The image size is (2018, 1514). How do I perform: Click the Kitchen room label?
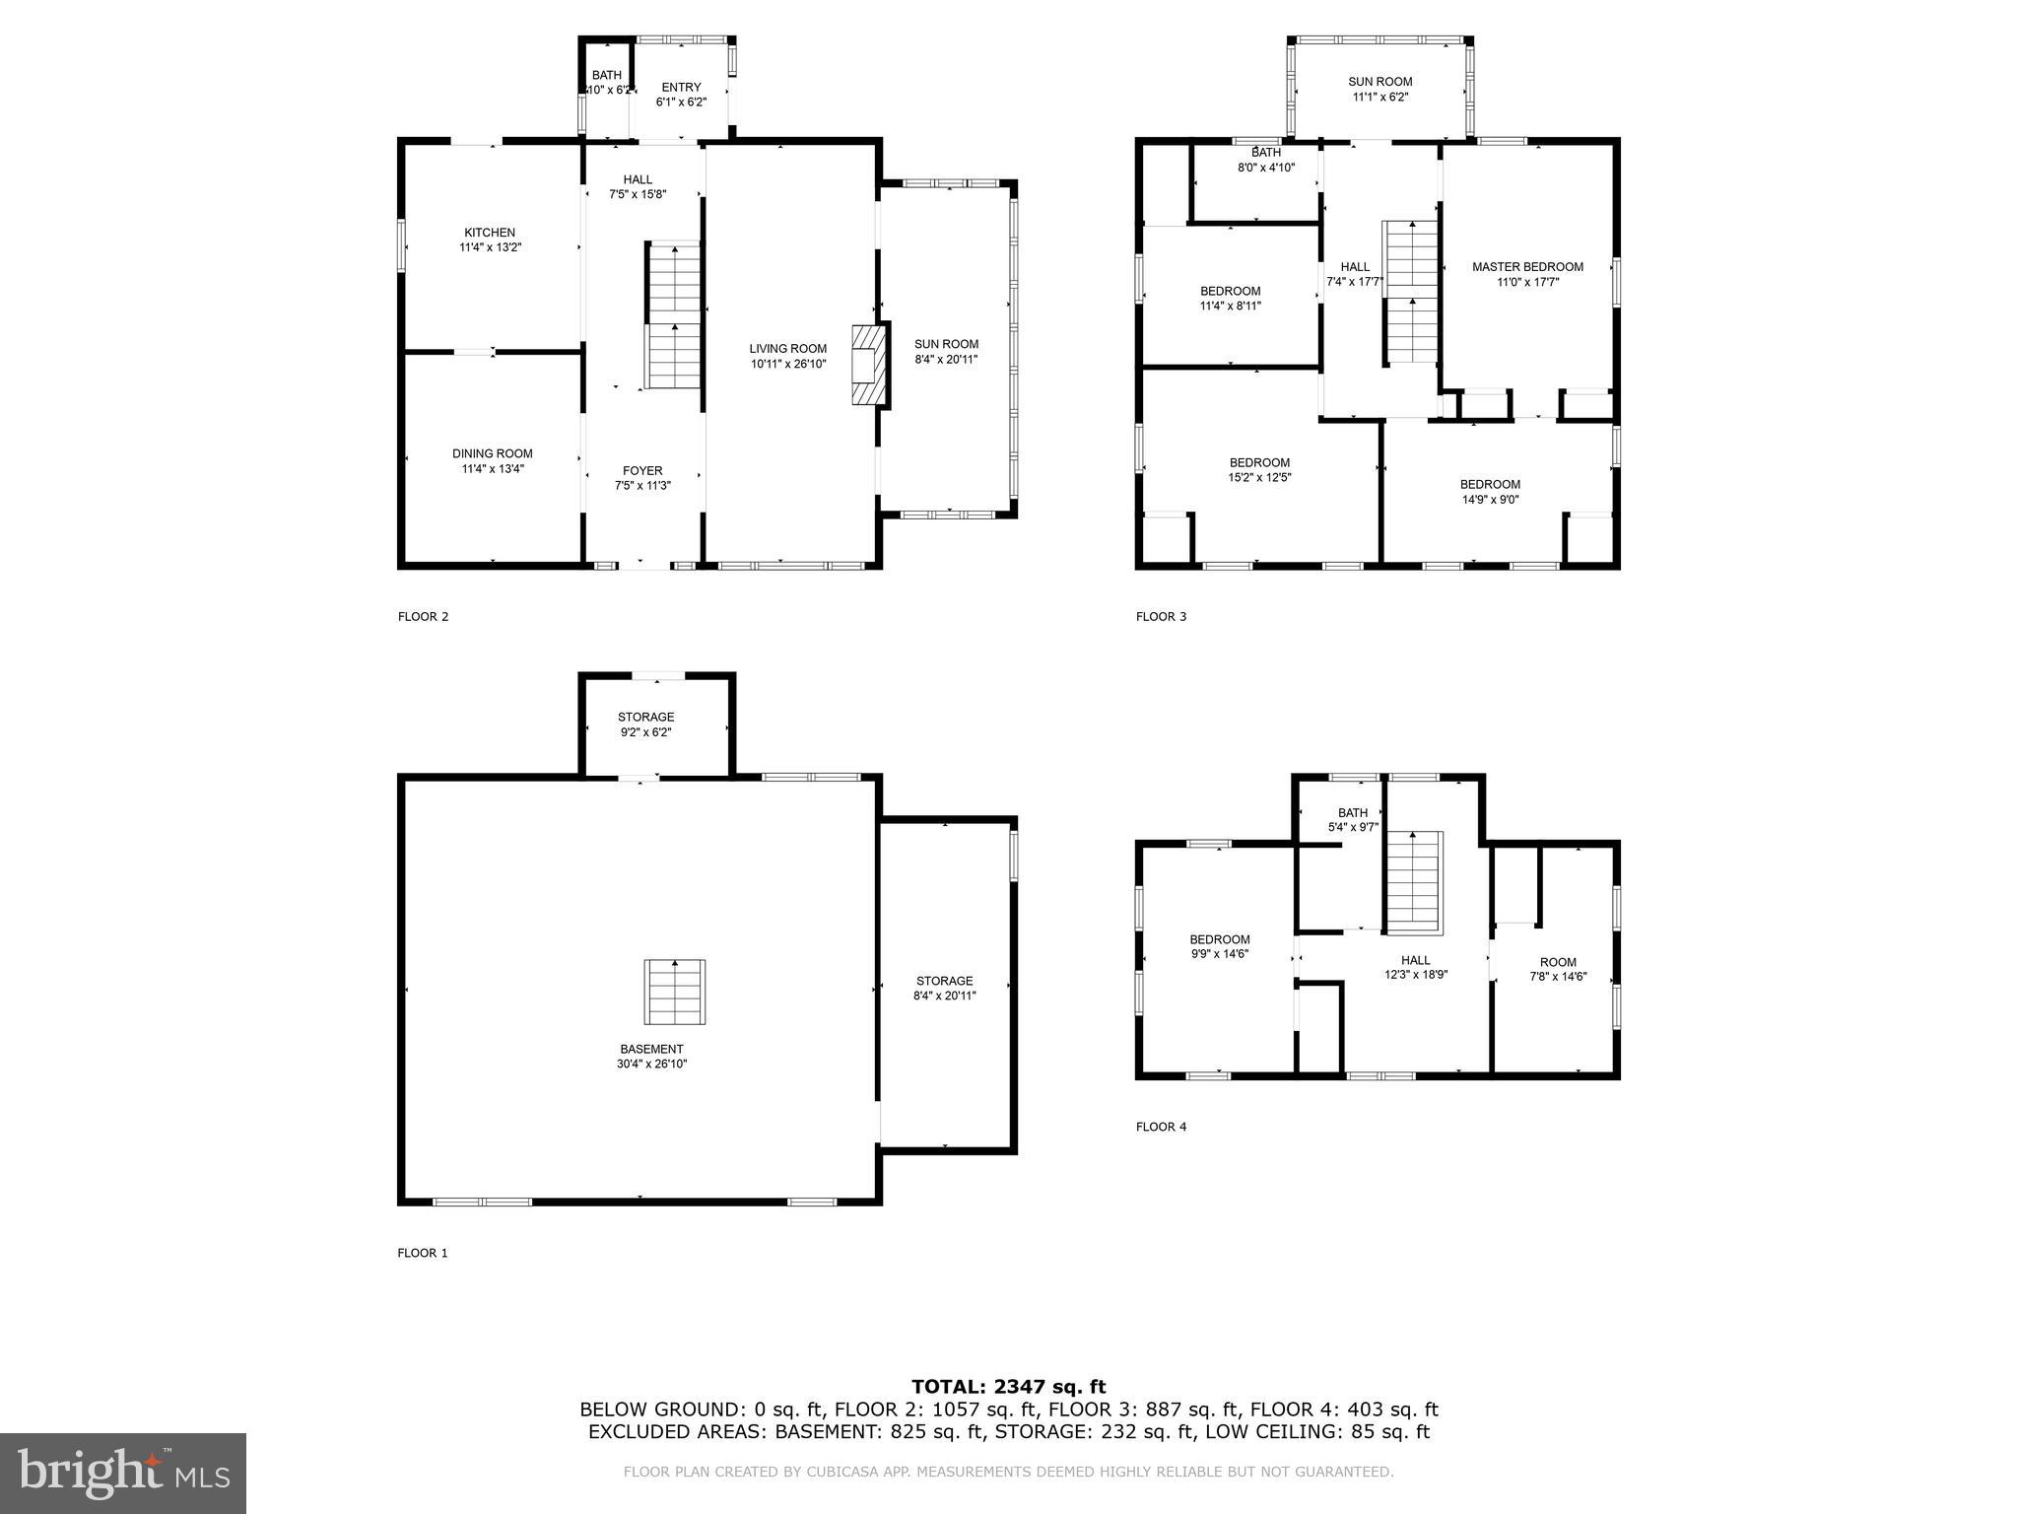(x=490, y=234)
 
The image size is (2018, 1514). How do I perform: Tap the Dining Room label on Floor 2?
(x=492, y=454)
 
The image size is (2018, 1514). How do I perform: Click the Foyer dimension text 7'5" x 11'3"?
(x=641, y=486)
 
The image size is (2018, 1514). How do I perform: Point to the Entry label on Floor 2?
(x=681, y=88)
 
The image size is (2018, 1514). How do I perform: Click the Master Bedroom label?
(x=1527, y=267)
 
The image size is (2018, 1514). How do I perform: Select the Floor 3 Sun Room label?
(x=1379, y=82)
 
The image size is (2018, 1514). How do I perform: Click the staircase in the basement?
(x=675, y=992)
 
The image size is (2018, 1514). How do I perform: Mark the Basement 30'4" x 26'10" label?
(x=652, y=1057)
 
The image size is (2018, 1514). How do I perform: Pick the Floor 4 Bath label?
(x=1352, y=813)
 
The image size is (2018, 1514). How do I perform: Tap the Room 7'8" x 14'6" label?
(x=1558, y=969)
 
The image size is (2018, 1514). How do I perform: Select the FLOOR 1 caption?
(x=423, y=1254)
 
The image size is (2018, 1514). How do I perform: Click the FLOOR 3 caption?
(x=1161, y=617)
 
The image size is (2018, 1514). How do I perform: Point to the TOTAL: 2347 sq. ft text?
(x=1008, y=1387)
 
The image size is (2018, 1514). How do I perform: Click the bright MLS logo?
(x=123, y=1473)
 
